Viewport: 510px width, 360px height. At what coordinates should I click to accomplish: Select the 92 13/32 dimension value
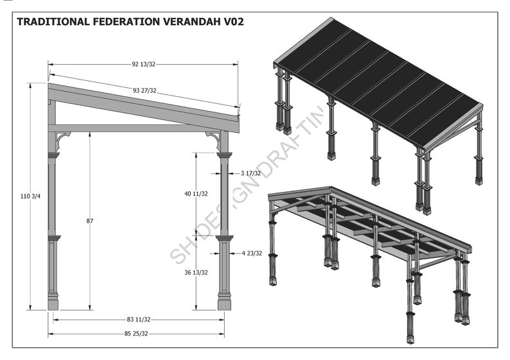pos(143,64)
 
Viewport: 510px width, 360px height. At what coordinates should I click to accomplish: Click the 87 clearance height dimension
pos(89,221)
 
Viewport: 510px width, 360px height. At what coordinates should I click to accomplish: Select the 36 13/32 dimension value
pos(196,272)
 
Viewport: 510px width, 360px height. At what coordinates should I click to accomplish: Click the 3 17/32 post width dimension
pos(251,173)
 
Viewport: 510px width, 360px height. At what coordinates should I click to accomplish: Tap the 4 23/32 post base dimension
pos(252,253)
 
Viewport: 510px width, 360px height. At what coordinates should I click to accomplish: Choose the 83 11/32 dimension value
pos(138,319)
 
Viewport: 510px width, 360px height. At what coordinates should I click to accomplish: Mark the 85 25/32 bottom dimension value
pos(136,334)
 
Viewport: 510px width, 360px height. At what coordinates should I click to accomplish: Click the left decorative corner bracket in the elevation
pos(62,138)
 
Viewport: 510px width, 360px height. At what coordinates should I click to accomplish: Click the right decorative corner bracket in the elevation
pos(213,138)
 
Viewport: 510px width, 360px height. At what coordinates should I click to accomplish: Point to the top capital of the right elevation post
pos(224,155)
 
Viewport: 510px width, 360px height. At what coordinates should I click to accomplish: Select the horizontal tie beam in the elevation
pos(135,128)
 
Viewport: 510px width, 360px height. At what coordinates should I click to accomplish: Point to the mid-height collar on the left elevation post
pos(53,238)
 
